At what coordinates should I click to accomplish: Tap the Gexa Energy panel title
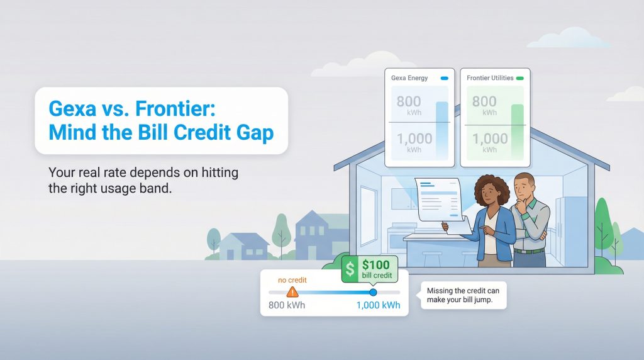[x=409, y=78]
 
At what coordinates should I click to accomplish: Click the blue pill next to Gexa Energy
[x=444, y=78]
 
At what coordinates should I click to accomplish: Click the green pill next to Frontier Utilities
[x=519, y=78]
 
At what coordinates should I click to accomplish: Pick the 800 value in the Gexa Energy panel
[x=409, y=101]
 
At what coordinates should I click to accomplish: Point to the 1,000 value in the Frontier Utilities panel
[x=489, y=138]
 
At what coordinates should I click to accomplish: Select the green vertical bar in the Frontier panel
[x=517, y=132]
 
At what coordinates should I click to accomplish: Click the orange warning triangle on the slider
[x=292, y=292]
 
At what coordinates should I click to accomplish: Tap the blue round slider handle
[x=373, y=292]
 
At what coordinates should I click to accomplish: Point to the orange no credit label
[x=292, y=279]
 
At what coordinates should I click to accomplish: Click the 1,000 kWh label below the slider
[x=378, y=305]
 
